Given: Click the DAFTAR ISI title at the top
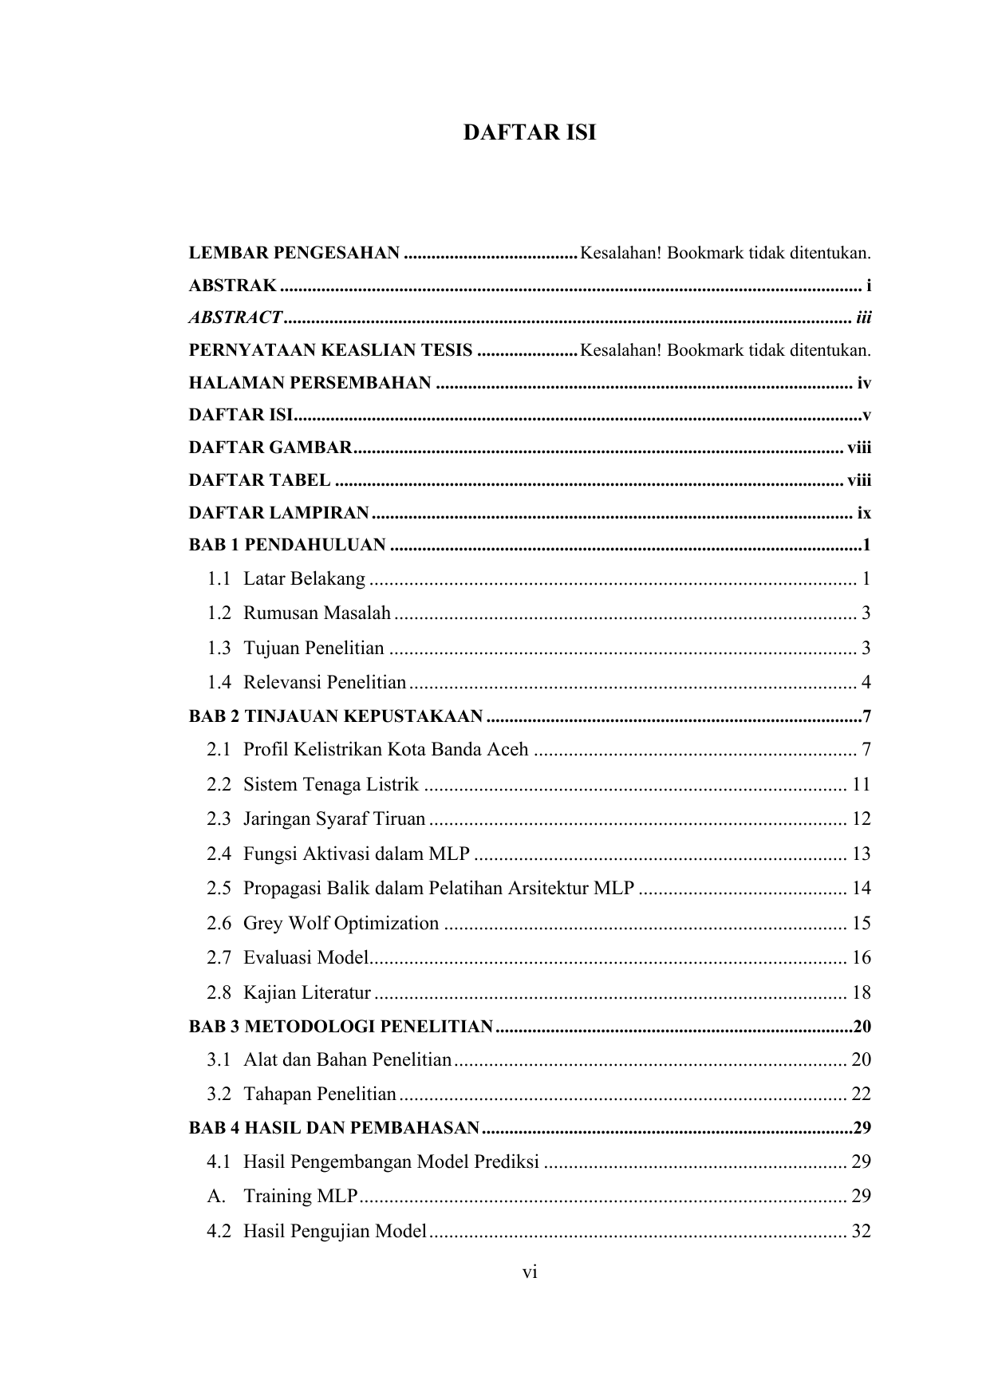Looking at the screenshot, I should click(x=530, y=132).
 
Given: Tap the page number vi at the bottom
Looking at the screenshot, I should click(x=530, y=1272).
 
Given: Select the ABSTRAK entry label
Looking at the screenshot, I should click(x=233, y=286).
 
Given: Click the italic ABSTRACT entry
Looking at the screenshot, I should click(x=235, y=317).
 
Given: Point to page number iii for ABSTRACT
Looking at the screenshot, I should click(x=863, y=317).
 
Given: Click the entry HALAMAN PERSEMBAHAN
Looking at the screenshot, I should click(x=310, y=383).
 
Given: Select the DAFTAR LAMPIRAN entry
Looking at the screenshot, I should click(x=279, y=512).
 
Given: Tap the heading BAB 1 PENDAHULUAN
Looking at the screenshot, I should click(x=287, y=546).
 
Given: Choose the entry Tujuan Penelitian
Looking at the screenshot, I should click(x=314, y=648).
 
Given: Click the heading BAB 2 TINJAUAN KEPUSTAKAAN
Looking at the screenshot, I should click(x=336, y=716).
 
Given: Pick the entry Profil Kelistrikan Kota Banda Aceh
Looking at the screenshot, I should click(x=386, y=749).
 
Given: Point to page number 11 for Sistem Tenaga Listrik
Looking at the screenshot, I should click(x=861, y=784).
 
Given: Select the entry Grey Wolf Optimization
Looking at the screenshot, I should click(x=341, y=923).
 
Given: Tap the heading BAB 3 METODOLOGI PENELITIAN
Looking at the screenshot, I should click(x=341, y=1026).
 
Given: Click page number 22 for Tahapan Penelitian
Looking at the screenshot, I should click(x=861, y=1094).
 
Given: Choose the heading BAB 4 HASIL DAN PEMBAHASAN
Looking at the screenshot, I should click(x=334, y=1128).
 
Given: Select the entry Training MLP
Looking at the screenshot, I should click(x=301, y=1196).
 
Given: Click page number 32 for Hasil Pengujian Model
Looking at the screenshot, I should click(x=861, y=1231).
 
